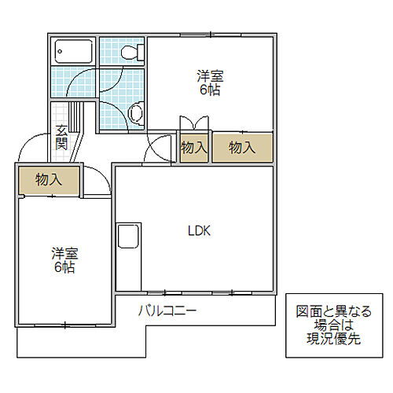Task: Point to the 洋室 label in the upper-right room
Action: coord(210,76)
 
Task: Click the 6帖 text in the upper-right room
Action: coord(210,90)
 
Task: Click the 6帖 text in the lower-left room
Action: coord(64,268)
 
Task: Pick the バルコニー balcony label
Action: coord(167,310)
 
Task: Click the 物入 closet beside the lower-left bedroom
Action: coord(49,180)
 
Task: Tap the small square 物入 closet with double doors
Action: coord(193,147)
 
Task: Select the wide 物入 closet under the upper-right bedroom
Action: coord(242,147)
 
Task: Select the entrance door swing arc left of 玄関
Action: coord(33,146)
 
